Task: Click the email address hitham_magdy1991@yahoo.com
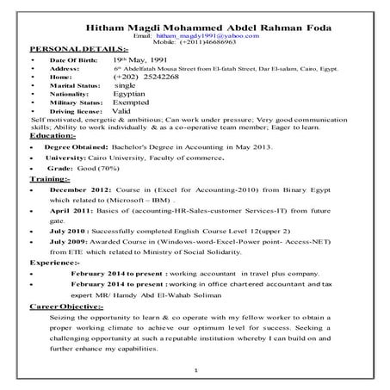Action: point(204,36)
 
